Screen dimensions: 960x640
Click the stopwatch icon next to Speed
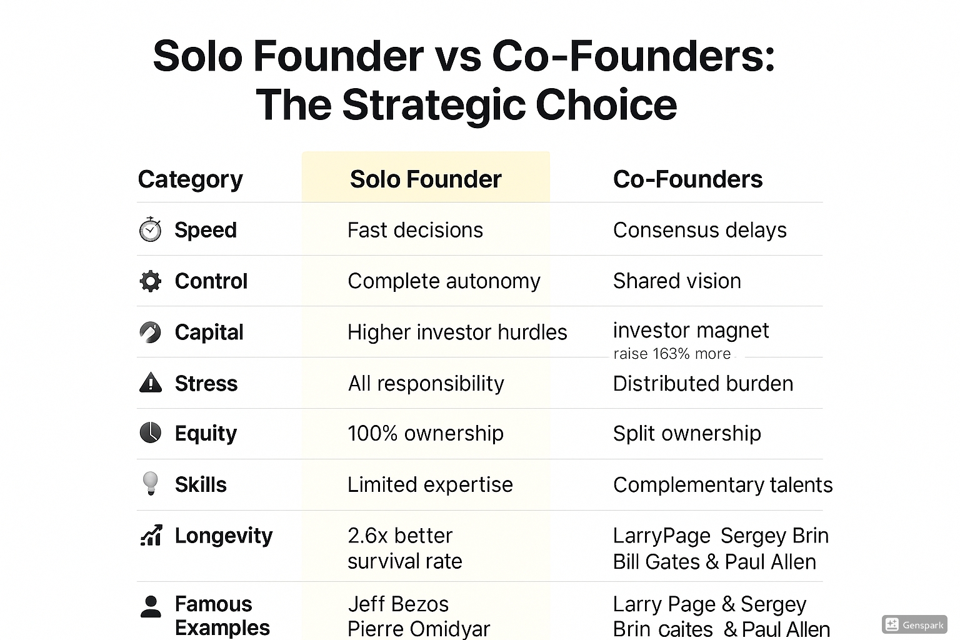coord(151,229)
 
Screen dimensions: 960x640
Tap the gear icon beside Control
coord(151,281)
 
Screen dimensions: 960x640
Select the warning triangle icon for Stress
coord(151,382)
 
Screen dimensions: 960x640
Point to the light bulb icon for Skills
coord(150,484)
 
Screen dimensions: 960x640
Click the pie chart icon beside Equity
coord(151,432)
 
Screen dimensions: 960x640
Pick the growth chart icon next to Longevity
coord(151,535)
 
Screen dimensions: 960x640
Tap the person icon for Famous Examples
coord(151,607)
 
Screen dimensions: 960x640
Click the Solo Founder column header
coord(426,179)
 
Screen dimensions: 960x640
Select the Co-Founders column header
coord(688,179)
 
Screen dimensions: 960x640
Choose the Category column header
coord(190,179)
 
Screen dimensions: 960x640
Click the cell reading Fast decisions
coord(415,230)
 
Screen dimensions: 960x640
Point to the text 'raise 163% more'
coord(672,354)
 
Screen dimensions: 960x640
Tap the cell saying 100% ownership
coord(426,433)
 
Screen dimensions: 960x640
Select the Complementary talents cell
coord(723,485)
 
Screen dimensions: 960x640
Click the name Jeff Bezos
coord(398,604)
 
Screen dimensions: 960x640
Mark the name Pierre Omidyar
coord(419,629)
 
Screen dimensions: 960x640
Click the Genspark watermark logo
coord(914,624)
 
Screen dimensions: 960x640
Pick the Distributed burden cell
coord(703,383)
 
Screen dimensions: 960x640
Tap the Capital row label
coord(209,332)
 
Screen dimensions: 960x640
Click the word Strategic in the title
coord(434,104)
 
